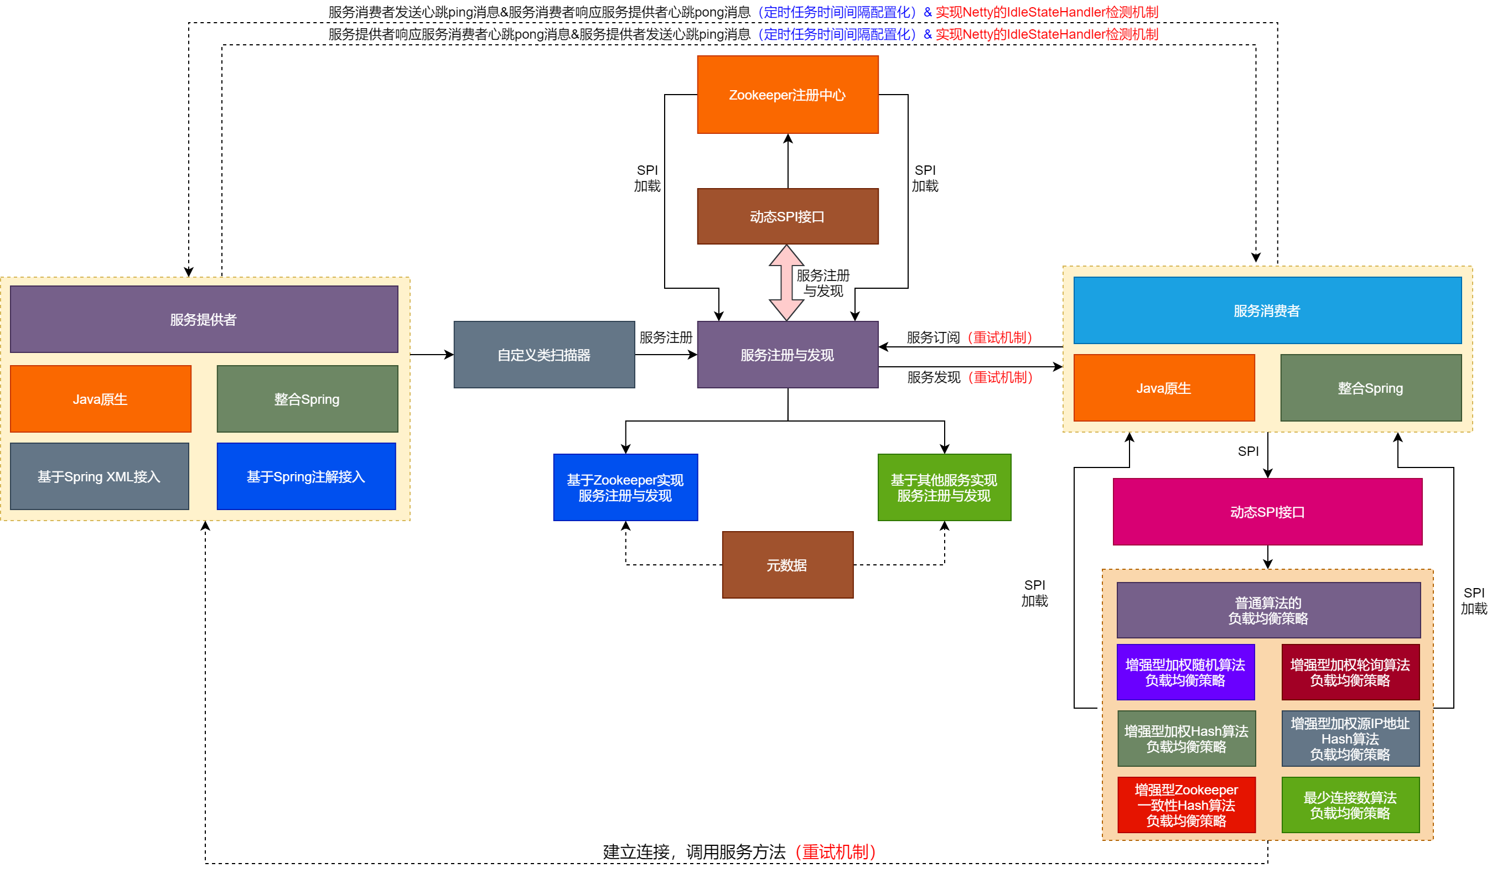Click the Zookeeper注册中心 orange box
coord(788,95)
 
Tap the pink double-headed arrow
coord(786,283)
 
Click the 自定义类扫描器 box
coord(544,355)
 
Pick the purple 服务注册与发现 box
coord(788,355)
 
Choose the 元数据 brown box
coord(788,565)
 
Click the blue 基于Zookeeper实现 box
coord(625,487)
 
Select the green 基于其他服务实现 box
coord(944,487)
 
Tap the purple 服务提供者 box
coord(204,319)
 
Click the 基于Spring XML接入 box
coord(100,476)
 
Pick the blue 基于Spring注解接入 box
coord(306,476)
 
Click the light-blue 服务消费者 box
coord(1267,310)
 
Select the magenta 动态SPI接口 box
coord(1267,511)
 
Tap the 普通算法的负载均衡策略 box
coord(1268,610)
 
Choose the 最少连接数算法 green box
coord(1350,804)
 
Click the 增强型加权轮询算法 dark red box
coord(1350,672)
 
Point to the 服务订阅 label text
coord(933,337)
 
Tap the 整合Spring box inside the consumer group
coord(1371,388)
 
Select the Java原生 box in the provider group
coord(100,398)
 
